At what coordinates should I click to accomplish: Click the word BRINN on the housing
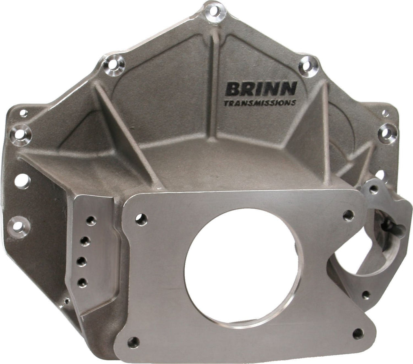(261, 88)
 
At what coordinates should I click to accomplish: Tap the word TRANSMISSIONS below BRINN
(259, 103)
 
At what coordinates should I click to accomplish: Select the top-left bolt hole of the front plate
(141, 219)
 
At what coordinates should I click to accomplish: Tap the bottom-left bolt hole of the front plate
(133, 342)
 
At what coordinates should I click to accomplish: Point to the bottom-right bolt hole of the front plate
(358, 333)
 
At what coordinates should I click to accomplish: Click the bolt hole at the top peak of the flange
(215, 12)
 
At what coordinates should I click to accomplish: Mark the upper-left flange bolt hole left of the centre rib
(114, 65)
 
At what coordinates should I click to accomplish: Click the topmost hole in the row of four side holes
(91, 220)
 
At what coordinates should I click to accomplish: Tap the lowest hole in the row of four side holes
(82, 282)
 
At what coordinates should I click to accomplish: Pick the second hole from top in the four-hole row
(85, 241)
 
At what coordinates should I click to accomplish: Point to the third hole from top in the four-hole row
(82, 262)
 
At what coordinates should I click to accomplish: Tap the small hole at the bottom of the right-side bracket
(366, 295)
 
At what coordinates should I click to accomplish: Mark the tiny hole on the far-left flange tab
(24, 113)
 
